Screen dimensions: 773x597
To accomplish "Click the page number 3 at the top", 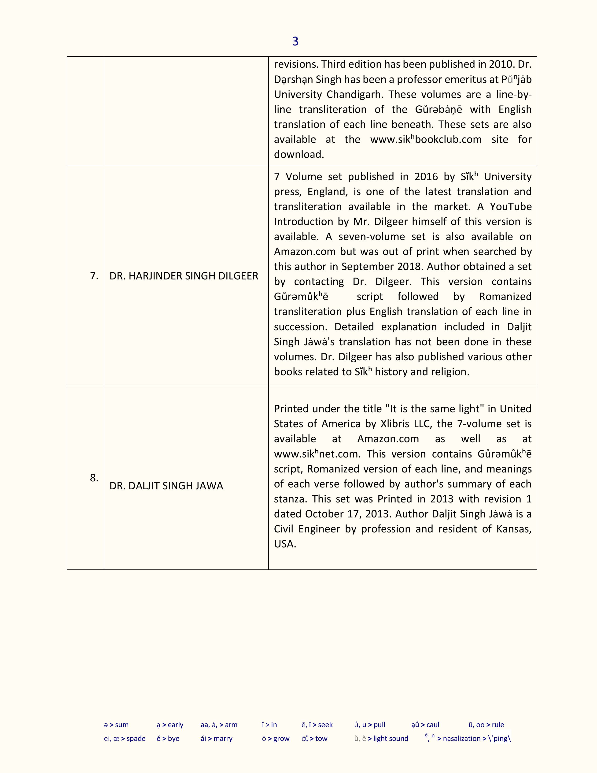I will click(x=295, y=41).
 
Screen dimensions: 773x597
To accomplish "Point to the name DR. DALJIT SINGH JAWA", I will click(x=166, y=486).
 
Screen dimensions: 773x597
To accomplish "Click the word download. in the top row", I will click(x=299, y=154).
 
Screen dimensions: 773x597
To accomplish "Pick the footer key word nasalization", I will click(x=461, y=738).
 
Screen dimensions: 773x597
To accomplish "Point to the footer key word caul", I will click(x=433, y=725).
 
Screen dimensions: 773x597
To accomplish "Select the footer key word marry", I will click(x=223, y=738).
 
